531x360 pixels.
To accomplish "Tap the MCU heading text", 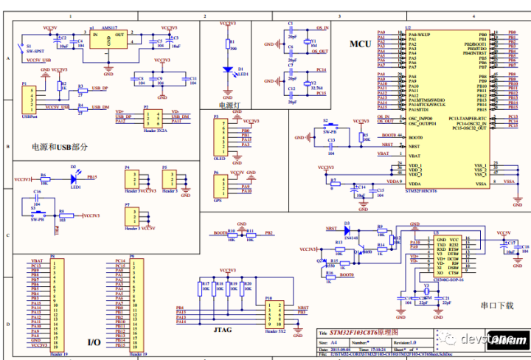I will point(360,44).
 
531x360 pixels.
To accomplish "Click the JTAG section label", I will point(223,330).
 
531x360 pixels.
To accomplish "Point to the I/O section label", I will point(94,342).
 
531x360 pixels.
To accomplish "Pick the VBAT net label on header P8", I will point(36,262).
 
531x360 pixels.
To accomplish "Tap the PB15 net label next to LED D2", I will point(91,178).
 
